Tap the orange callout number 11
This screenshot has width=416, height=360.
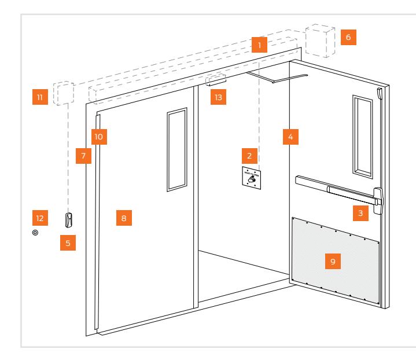[39, 98]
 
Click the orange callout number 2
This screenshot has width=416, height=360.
[249, 156]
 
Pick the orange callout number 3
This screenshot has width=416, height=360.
[360, 213]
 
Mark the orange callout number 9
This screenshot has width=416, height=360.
[332, 261]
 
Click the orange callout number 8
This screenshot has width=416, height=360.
[124, 218]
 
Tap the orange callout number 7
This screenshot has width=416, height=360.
[84, 157]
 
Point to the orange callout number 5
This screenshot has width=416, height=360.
[68, 243]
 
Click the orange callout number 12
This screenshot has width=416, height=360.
[39, 218]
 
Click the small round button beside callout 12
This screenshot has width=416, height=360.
[36, 233]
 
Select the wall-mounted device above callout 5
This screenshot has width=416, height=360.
[69, 220]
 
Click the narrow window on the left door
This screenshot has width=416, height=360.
[176, 149]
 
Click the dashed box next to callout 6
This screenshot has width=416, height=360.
[320, 41]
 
